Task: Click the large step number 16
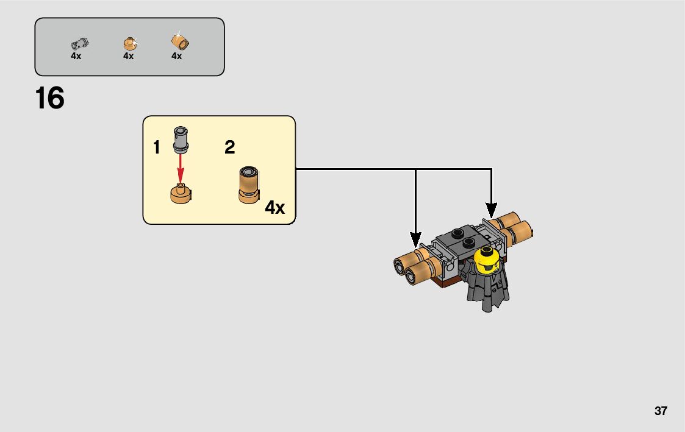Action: click(50, 99)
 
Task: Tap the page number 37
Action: click(661, 411)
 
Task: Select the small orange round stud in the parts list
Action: click(129, 43)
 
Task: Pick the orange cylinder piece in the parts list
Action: click(180, 42)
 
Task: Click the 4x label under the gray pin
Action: click(76, 56)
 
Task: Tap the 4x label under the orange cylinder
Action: click(176, 56)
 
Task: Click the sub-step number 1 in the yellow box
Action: click(157, 147)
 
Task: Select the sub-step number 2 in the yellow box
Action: click(229, 147)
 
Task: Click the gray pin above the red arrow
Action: click(181, 139)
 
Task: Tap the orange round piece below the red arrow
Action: click(181, 194)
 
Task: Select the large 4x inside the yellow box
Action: click(274, 208)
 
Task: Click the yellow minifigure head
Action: click(486, 263)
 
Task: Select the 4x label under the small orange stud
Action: click(128, 56)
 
